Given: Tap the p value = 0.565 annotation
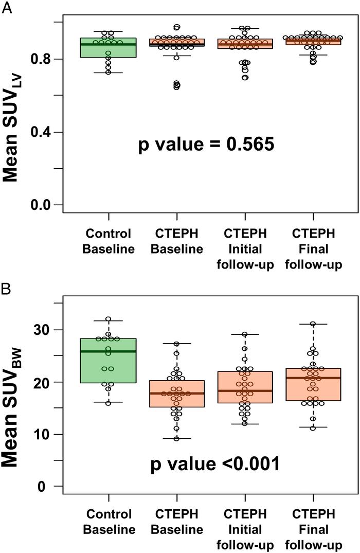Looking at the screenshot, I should click(206, 145).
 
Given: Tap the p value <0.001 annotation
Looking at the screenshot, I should click(215, 464).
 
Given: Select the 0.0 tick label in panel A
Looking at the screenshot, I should click(45, 205).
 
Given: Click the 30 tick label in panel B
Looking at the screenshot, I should click(46, 330).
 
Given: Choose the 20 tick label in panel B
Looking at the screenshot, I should click(46, 382).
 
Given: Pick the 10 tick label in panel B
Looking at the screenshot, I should click(46, 435).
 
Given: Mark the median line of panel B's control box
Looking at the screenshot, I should click(108, 351).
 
